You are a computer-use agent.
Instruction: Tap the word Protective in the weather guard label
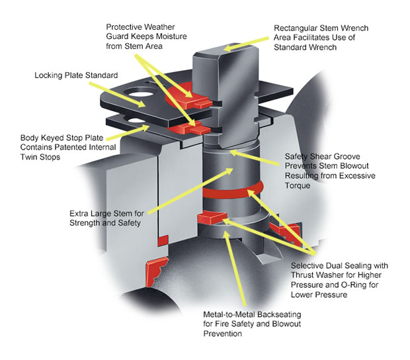(126, 27)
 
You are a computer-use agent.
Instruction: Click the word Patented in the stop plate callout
(72, 146)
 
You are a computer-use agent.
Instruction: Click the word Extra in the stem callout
(79, 214)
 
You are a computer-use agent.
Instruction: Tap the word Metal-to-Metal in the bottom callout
(230, 313)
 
